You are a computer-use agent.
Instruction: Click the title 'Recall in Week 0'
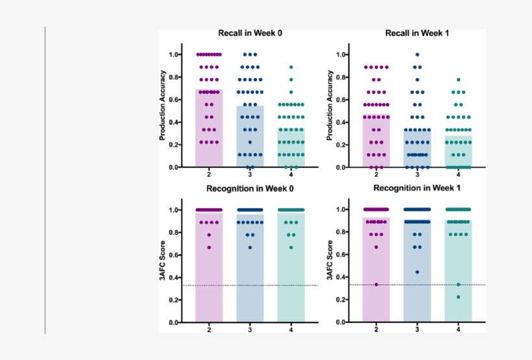[x=250, y=33]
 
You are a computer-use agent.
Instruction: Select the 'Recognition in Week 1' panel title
[x=417, y=189]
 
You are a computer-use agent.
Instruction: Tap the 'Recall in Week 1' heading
[x=417, y=33]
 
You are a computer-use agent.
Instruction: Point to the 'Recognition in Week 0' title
[x=250, y=189]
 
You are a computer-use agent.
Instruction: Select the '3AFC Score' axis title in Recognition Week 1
[x=330, y=266]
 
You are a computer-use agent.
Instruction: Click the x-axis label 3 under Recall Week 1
[x=417, y=174]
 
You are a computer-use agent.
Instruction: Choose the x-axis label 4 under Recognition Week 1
[x=458, y=330]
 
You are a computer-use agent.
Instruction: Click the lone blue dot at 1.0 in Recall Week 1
[x=417, y=54]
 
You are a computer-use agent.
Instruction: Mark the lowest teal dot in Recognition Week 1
[x=458, y=297]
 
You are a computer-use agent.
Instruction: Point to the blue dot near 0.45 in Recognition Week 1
[x=417, y=272]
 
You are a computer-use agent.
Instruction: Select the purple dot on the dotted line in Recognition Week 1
[x=376, y=284]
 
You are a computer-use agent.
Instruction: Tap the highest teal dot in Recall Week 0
[x=291, y=67]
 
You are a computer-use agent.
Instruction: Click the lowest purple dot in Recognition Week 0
[x=209, y=247]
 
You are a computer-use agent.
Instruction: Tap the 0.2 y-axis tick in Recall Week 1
[x=342, y=145]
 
